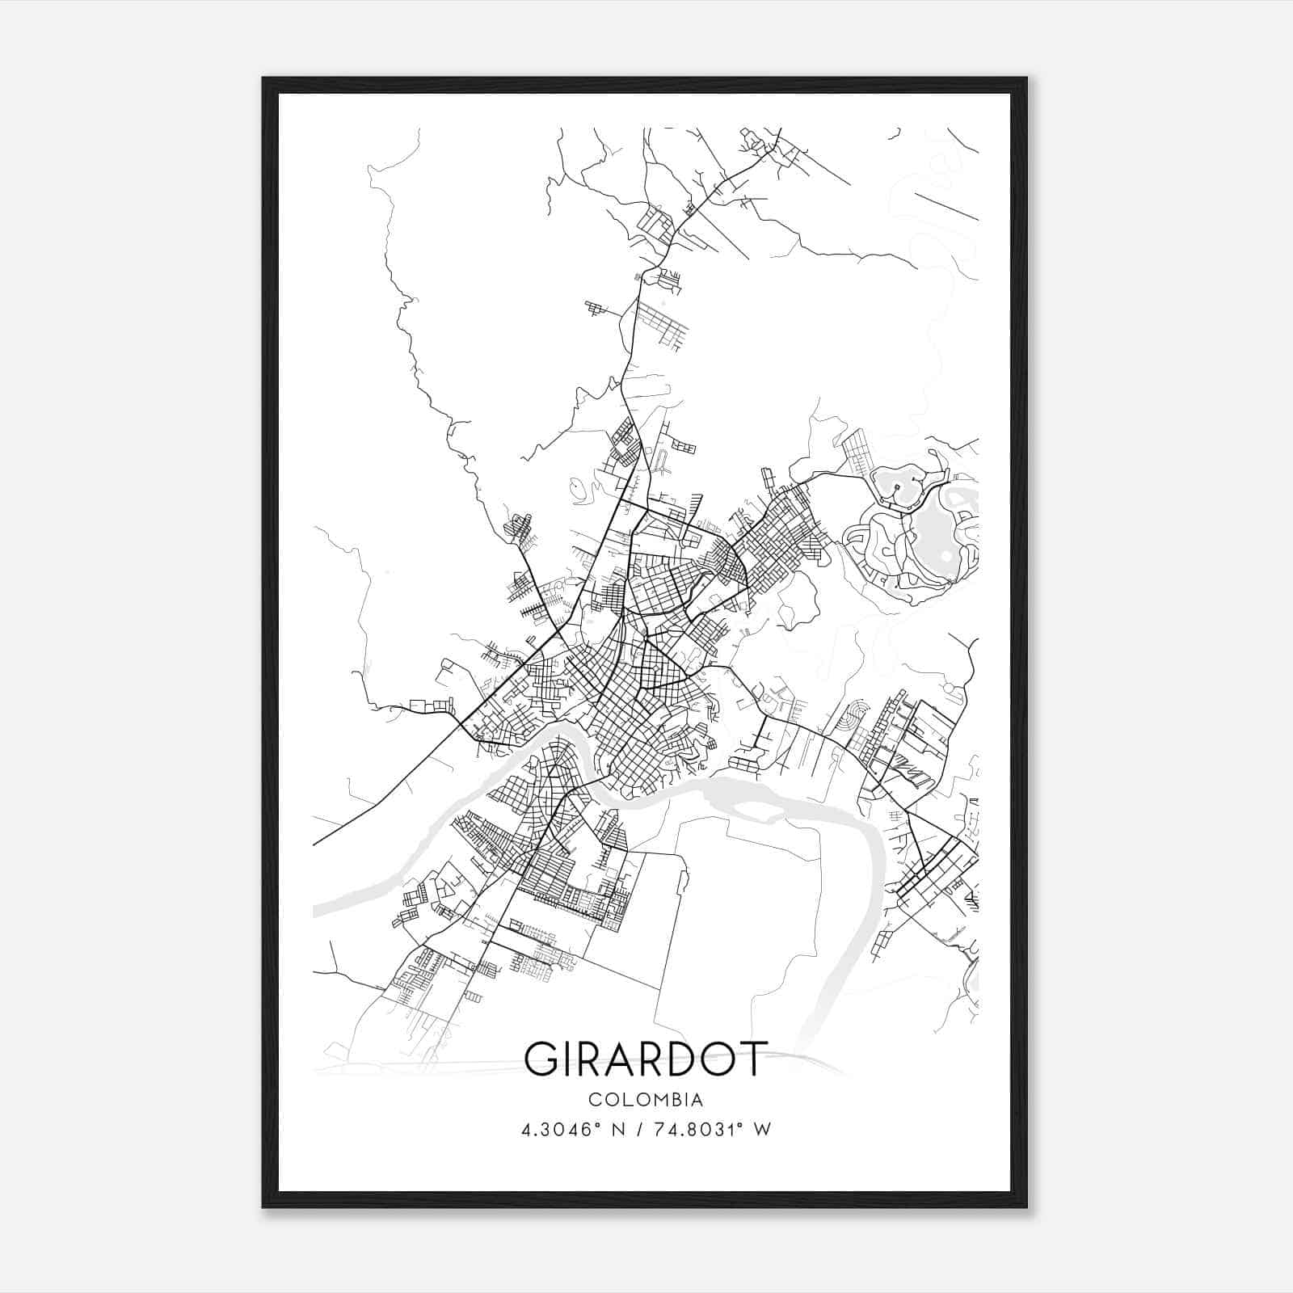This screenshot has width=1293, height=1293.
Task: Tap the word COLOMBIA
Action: click(646, 1100)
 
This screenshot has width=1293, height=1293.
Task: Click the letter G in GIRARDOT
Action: click(542, 1059)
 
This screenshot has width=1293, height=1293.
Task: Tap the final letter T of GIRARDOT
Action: click(751, 1059)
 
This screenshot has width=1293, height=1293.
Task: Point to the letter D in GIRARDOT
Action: click(683, 1059)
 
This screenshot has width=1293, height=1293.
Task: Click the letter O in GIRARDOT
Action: click(718, 1059)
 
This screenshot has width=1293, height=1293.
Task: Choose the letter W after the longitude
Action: click(761, 1130)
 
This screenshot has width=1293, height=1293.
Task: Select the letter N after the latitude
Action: click(620, 1130)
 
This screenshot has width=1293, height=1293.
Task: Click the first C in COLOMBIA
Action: click(595, 1100)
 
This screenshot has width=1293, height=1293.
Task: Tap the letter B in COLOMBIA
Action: click(671, 1100)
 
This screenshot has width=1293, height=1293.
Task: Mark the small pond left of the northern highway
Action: click(576, 488)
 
